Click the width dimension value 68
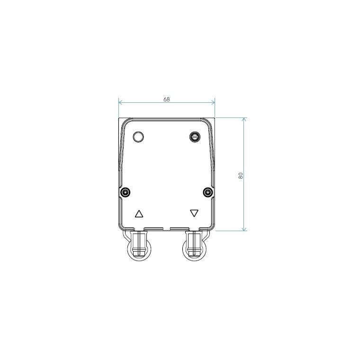[x=166, y=99]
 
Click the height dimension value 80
[x=241, y=176]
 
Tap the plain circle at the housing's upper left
[x=138, y=137]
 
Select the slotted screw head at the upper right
[x=195, y=137]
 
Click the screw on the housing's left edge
[x=125, y=192]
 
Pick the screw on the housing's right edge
[x=208, y=192]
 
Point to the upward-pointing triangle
[x=139, y=214]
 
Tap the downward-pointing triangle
[x=194, y=213]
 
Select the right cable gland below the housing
[x=195, y=245]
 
